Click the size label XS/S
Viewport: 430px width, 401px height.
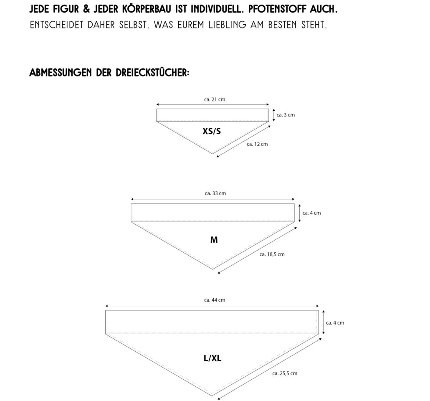click(212, 131)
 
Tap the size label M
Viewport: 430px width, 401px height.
click(214, 240)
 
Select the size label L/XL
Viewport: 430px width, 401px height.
click(212, 358)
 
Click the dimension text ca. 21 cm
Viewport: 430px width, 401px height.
click(215, 99)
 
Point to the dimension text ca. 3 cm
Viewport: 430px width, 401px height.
click(286, 115)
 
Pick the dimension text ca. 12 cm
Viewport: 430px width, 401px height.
click(257, 144)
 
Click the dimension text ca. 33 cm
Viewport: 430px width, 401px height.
click(215, 193)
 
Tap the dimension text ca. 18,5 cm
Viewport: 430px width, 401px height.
click(272, 254)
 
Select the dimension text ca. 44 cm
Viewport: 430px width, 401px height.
click(215, 300)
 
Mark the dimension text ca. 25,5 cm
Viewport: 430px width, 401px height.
click(285, 373)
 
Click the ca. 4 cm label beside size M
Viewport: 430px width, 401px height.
click(311, 213)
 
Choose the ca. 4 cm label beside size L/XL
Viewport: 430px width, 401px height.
click(335, 323)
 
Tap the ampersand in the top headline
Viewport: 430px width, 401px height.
click(86, 9)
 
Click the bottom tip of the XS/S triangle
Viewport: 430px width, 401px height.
click(212, 154)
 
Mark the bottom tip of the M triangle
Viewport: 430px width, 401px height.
click(212, 269)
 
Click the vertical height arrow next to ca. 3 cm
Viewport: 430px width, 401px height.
click(274, 115)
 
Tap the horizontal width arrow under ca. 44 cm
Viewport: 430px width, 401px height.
click(212, 306)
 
